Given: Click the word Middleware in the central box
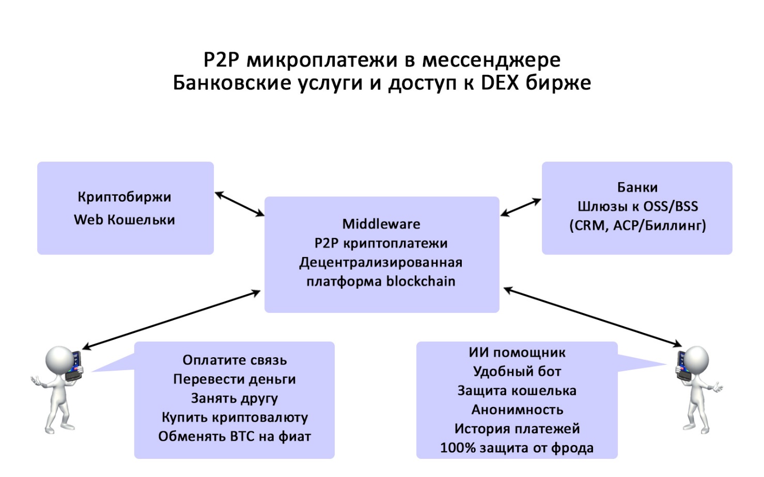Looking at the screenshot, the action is pyautogui.click(x=381, y=224).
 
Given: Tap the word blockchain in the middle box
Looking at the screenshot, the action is pyautogui.click(x=420, y=281).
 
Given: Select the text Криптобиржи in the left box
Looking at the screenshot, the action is pyautogui.click(x=124, y=197).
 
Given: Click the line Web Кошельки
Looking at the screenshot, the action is pyautogui.click(x=124, y=219).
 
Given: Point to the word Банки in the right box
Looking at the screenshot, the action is pyautogui.click(x=637, y=187).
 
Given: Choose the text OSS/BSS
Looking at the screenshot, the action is pyautogui.click(x=671, y=206).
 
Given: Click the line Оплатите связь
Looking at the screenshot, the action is pyautogui.click(x=235, y=360).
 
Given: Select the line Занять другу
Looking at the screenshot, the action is pyautogui.click(x=235, y=398).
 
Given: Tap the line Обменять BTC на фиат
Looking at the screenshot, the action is pyautogui.click(x=235, y=436).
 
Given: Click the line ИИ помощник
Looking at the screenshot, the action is pyautogui.click(x=517, y=353).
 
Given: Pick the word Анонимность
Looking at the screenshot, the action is pyautogui.click(x=517, y=410).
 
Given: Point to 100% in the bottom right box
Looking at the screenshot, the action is pyautogui.click(x=458, y=448).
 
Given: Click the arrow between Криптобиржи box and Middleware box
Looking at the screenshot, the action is pyautogui.click(x=240, y=204).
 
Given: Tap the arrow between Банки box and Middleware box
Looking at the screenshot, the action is pyautogui.click(x=521, y=208).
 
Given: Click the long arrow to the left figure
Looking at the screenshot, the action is pyautogui.click(x=171, y=320).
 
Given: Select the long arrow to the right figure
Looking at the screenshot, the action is pyautogui.click(x=593, y=317).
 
